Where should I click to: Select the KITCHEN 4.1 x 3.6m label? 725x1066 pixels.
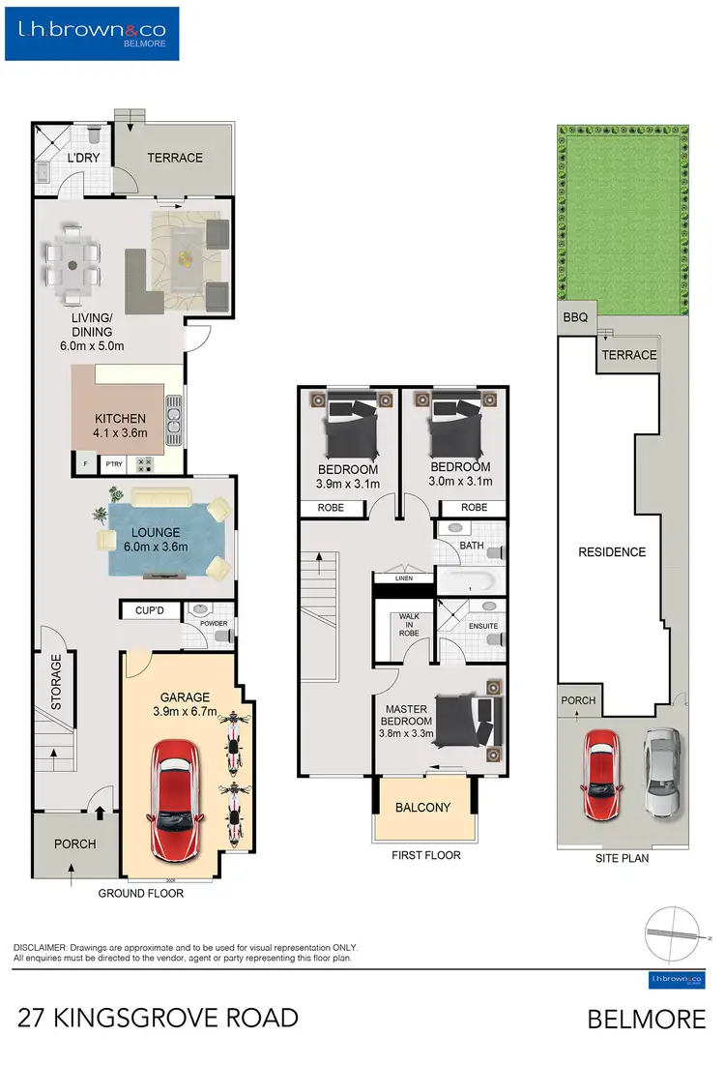[x=120, y=427]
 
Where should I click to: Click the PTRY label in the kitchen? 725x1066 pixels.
[x=113, y=464]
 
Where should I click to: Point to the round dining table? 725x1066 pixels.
[x=72, y=262]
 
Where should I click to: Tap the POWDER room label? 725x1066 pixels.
[x=214, y=624]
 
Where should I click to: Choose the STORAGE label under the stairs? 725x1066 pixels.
[x=56, y=682]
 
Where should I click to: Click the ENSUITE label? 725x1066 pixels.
[x=482, y=626]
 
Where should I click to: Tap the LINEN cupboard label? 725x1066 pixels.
[x=403, y=578]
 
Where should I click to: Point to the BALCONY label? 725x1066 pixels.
[x=423, y=808]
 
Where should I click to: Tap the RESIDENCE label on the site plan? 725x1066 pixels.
[x=611, y=552]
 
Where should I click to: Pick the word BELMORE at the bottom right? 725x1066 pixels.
[x=646, y=1019]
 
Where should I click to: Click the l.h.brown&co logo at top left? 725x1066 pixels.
[x=92, y=34]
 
